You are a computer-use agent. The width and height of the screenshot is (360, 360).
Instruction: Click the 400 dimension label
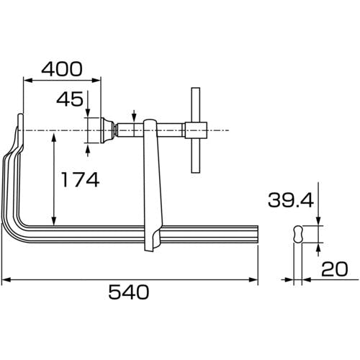pyautogui.click(x=62, y=69)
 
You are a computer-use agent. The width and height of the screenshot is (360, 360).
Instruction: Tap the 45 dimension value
pyautogui.click(x=70, y=99)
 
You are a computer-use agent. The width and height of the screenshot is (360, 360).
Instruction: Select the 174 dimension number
pyautogui.click(x=81, y=179)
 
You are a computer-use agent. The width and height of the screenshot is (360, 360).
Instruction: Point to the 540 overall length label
pyautogui.click(x=129, y=292)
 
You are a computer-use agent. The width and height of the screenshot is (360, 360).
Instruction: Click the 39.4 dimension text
pyautogui.click(x=291, y=200)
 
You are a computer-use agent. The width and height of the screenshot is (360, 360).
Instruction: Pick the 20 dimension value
pyautogui.click(x=334, y=269)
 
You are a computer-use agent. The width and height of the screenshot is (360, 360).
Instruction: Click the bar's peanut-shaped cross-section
pyautogui.click(x=298, y=234)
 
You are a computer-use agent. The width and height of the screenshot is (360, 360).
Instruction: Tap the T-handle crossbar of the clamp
pyautogui.click(x=196, y=130)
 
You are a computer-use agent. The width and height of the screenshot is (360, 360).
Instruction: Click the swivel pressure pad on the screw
pyautogui.click(x=107, y=130)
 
